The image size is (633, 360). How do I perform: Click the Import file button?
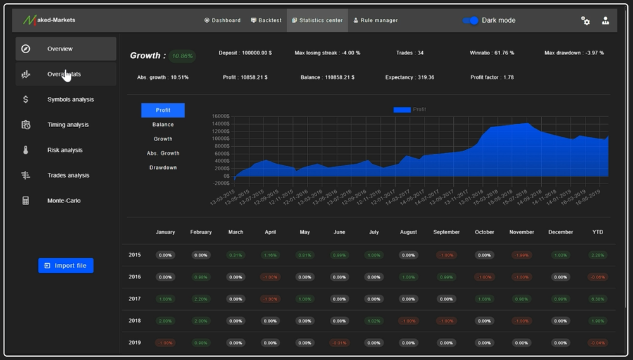click(x=66, y=266)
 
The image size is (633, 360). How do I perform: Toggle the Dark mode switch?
click(x=470, y=20)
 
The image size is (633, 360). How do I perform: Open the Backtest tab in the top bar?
click(x=266, y=20)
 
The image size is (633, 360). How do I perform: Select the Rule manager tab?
click(x=375, y=20)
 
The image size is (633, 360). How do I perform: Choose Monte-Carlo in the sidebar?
click(x=64, y=201)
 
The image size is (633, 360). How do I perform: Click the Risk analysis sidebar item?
click(x=65, y=150)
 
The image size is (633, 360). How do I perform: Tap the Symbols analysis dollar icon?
click(x=25, y=99)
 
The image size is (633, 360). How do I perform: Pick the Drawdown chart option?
click(x=163, y=168)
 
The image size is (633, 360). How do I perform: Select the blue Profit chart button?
click(x=163, y=110)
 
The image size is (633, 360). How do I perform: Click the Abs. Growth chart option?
click(x=163, y=153)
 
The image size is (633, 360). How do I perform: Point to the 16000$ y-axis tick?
click(x=220, y=116)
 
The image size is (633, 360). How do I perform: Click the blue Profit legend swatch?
click(x=402, y=109)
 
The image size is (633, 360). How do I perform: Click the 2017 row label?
click(x=134, y=299)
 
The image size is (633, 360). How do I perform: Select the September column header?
click(x=446, y=232)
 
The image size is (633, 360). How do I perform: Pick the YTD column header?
click(x=598, y=232)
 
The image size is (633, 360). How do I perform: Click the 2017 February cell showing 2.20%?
click(x=201, y=299)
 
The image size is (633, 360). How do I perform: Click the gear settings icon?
click(x=586, y=21)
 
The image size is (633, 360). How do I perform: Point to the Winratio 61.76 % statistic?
click(x=492, y=53)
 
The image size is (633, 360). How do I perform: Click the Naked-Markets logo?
click(x=49, y=20)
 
